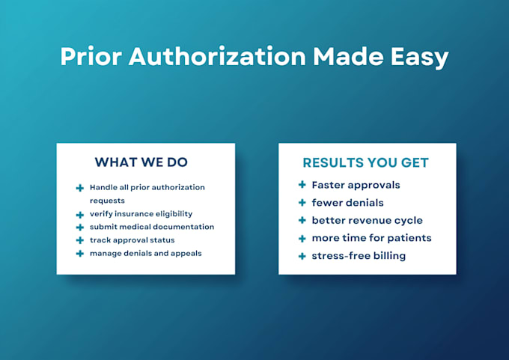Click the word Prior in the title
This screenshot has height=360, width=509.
[91, 56]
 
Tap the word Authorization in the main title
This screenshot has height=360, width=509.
[217, 56]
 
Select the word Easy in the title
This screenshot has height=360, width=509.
[419, 58]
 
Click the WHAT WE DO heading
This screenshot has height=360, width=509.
[141, 162]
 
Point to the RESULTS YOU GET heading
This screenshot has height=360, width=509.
[365, 162]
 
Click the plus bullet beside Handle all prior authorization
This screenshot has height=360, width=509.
[80, 188]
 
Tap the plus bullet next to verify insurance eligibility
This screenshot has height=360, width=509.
[80, 215]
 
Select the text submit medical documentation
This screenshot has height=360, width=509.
[152, 227]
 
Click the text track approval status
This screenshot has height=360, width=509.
[132, 240]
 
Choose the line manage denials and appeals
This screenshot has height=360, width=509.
[146, 254]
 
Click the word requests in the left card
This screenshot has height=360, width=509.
[107, 201]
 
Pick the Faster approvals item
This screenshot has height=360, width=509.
[356, 186]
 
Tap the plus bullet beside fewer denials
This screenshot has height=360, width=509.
[302, 203]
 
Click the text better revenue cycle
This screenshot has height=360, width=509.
[367, 220]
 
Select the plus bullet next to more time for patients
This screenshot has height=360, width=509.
[302, 239]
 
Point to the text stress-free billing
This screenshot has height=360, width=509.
[359, 256]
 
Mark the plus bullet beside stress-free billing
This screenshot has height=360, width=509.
[302, 256]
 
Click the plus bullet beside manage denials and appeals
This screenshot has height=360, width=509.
[80, 254]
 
